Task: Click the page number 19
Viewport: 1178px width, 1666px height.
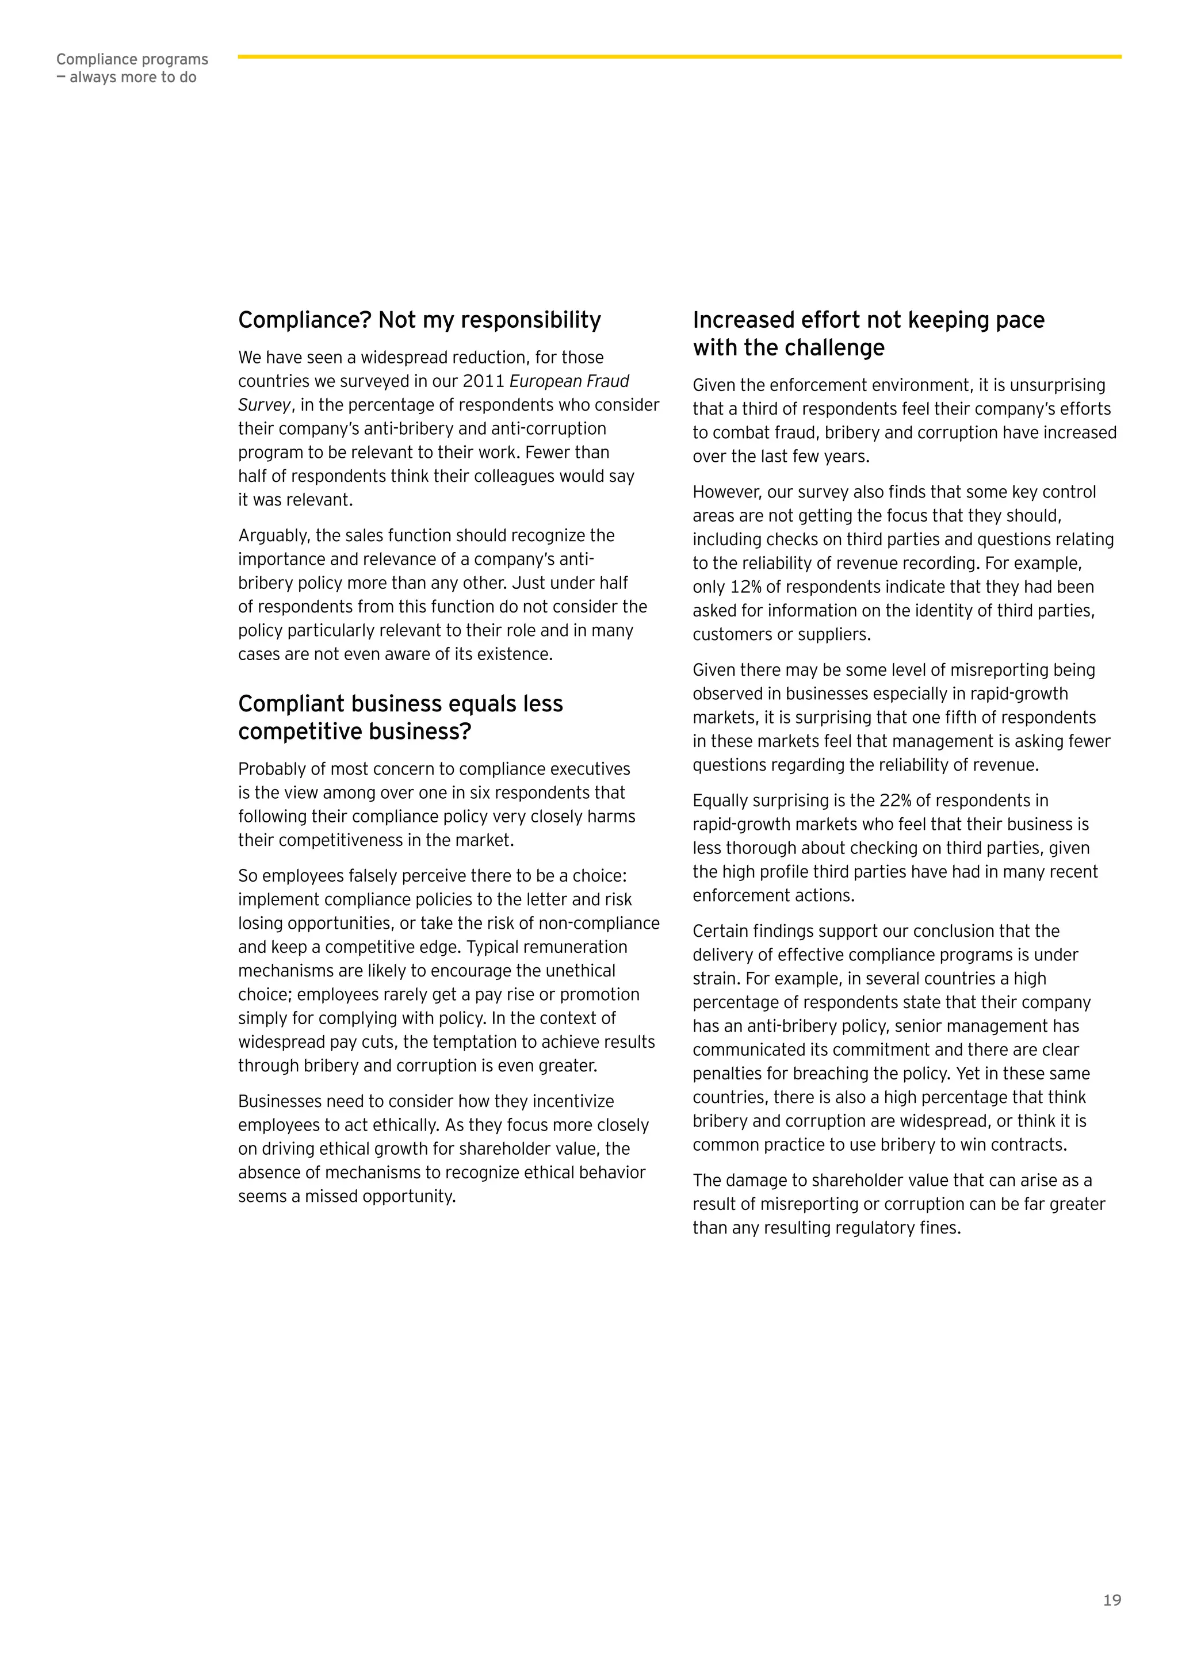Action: click(x=1111, y=1600)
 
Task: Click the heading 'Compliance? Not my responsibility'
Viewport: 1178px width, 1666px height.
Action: click(x=419, y=320)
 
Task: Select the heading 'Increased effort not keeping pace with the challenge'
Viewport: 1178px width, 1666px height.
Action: click(x=868, y=334)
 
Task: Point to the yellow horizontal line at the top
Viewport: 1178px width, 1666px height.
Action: click(x=679, y=56)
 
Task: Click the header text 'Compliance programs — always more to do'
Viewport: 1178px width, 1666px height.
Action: click(x=132, y=68)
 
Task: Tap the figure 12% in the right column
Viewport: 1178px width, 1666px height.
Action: click(x=745, y=587)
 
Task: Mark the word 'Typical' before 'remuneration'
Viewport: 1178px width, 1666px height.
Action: click(x=494, y=947)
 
